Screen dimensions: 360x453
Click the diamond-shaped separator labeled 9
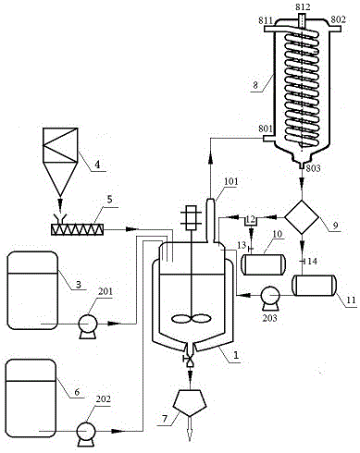coord(302,217)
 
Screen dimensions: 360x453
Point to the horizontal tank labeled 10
coord(264,264)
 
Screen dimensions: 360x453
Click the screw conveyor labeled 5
coord(78,229)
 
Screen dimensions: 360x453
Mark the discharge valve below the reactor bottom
coord(189,360)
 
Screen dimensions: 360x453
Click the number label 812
coord(303,6)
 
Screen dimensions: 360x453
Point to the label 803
coord(313,168)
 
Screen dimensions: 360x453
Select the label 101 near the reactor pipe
coord(230,181)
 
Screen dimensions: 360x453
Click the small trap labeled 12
coord(252,221)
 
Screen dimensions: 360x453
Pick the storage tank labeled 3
coord(32,290)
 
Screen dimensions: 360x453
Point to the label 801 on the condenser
coord(267,129)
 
